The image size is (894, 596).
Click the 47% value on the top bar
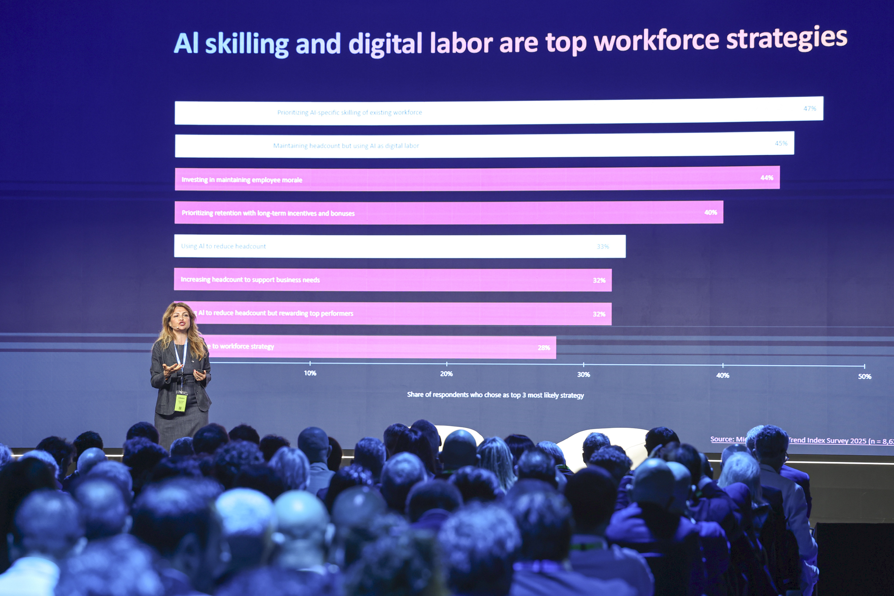pos(809,109)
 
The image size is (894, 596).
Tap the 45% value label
pos(781,143)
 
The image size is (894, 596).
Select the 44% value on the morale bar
pos(767,178)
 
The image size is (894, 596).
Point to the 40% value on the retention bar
pos(710,212)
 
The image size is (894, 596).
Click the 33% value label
pos(603,247)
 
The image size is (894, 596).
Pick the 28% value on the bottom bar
pos(544,347)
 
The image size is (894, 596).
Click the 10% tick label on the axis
pos(310,373)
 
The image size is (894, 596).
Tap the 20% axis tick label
pos(446,374)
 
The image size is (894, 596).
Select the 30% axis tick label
pos(583,375)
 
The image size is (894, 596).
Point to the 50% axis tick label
pos(864,377)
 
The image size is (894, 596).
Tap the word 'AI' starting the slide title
pos(186,44)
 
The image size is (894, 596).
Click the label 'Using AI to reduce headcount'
pos(223,246)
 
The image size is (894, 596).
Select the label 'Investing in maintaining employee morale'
pos(242,180)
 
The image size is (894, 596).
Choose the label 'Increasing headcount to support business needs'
pos(250,280)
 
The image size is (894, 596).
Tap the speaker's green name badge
pos(181,402)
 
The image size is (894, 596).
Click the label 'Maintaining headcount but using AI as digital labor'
pos(346,146)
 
